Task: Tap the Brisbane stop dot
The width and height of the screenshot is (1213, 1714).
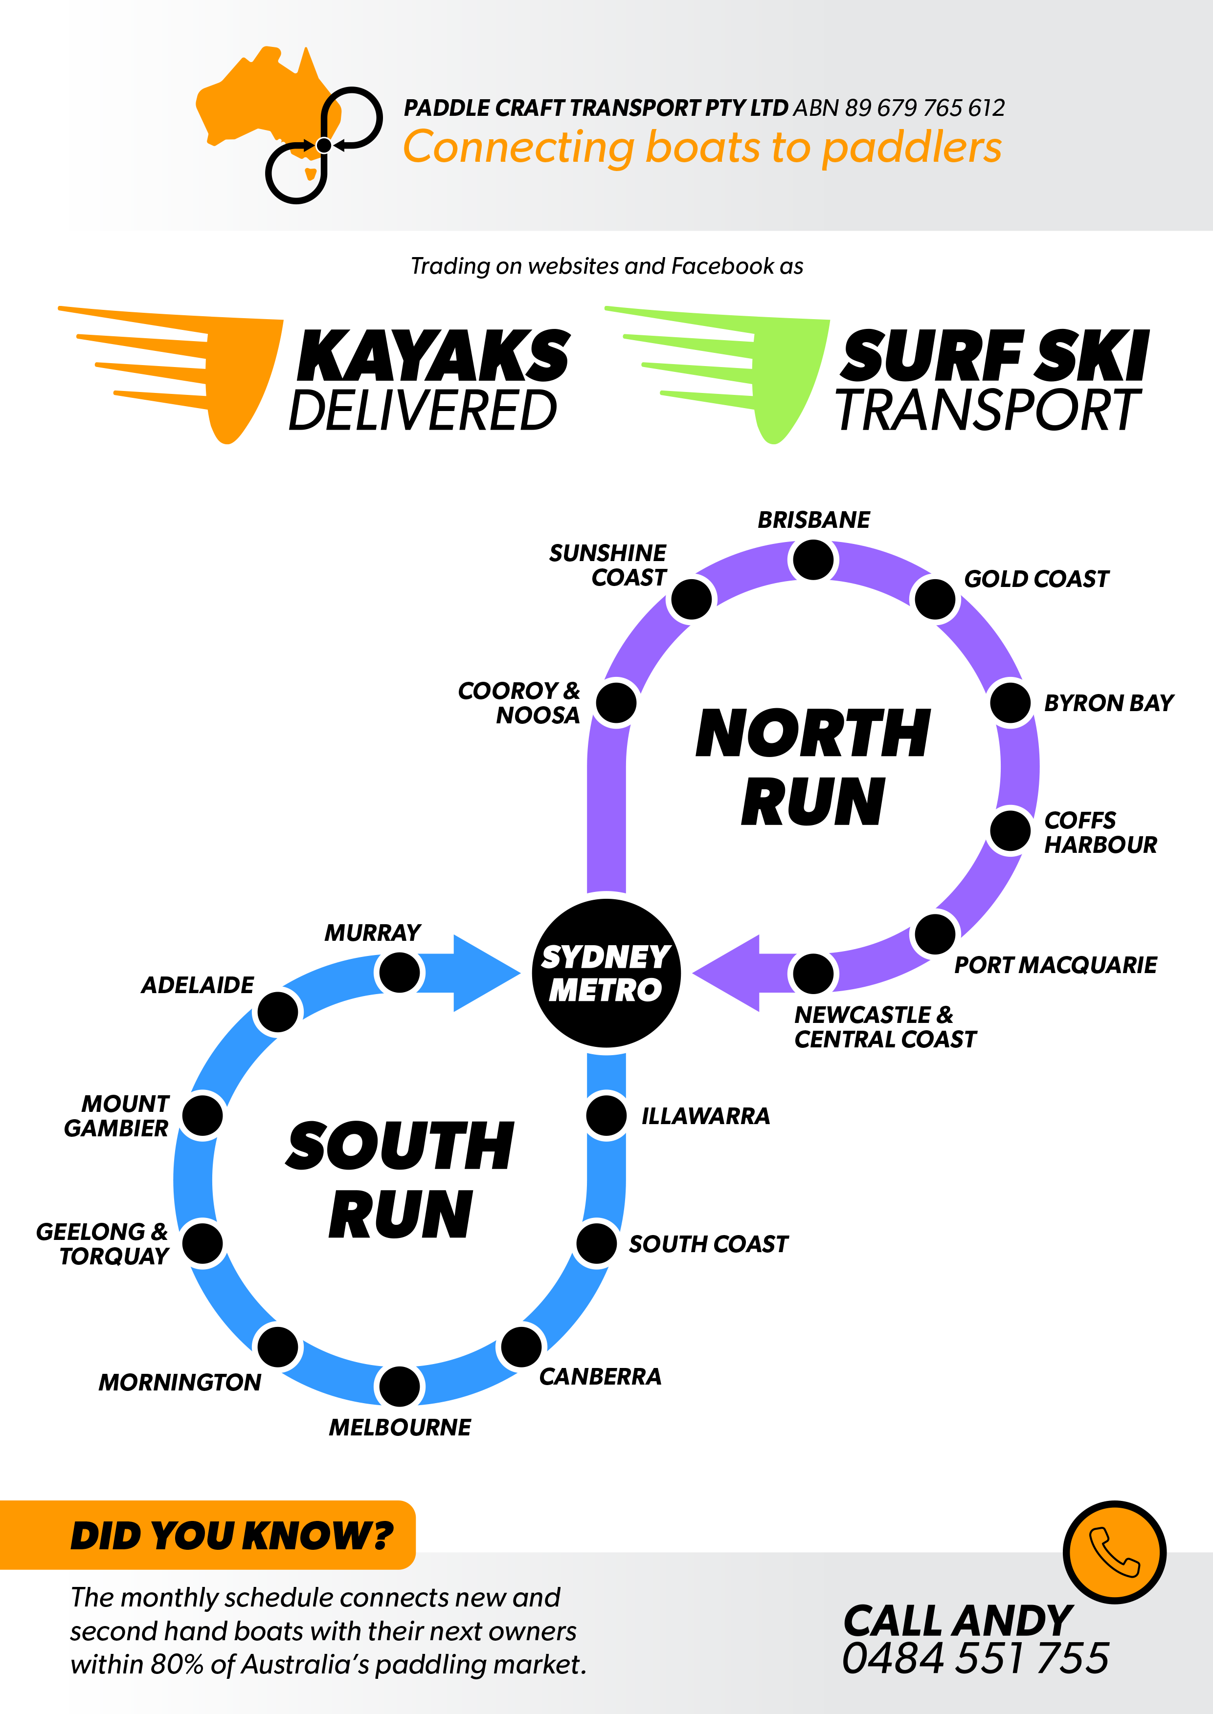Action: pos(813,560)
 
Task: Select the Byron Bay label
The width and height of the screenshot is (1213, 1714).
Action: pos(1108,703)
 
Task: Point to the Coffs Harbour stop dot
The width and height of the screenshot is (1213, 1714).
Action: pos(1011,830)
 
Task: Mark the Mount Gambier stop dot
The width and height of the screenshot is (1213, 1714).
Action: pos(202,1115)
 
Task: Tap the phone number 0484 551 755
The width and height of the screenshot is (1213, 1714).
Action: pos(975,1659)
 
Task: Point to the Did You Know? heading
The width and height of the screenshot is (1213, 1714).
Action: pos(231,1536)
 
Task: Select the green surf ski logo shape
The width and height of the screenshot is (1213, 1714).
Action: pos(717,375)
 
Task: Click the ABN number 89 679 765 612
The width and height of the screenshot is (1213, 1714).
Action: pos(925,108)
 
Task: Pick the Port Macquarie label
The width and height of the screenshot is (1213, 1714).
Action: pos(1056,965)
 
